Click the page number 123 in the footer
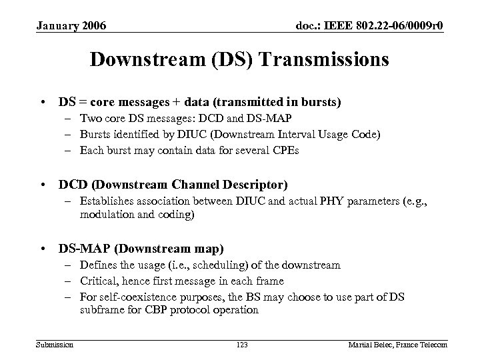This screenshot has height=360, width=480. pyautogui.click(x=242, y=344)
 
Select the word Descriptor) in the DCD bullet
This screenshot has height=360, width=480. pyautogui.click(x=250, y=183)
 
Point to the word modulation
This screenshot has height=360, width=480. pyautogui.click(x=105, y=215)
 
